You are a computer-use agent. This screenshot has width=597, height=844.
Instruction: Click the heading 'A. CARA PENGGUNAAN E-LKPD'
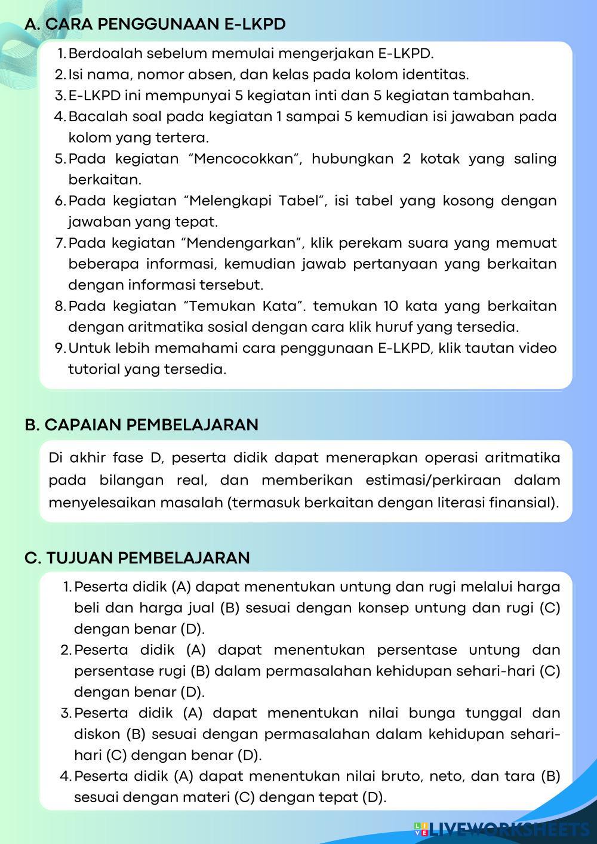155,24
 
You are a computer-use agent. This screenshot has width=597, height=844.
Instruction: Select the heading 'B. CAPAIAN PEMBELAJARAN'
142,424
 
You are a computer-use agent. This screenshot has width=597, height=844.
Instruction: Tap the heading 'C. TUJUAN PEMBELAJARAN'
137,557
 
